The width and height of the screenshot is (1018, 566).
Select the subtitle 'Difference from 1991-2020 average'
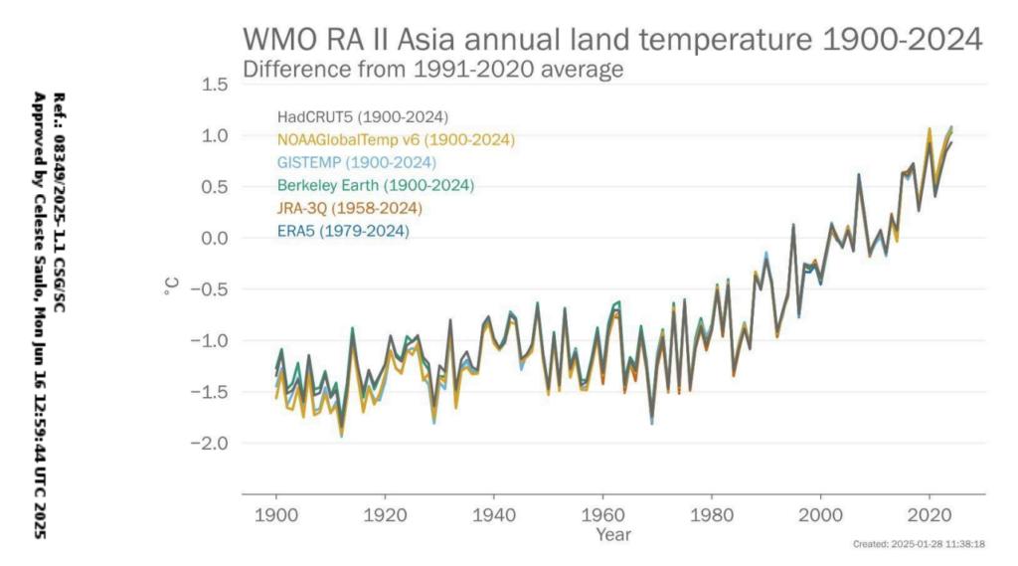click(x=432, y=71)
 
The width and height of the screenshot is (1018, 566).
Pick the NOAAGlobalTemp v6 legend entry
click(x=396, y=140)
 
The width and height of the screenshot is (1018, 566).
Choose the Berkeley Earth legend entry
click(x=376, y=186)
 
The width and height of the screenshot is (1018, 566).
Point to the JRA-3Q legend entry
click(x=350, y=209)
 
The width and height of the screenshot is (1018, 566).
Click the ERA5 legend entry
click(x=343, y=232)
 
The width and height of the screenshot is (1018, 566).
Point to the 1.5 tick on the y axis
click(x=215, y=85)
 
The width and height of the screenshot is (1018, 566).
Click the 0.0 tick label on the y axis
click(x=215, y=239)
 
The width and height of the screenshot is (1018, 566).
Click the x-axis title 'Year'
click(x=613, y=535)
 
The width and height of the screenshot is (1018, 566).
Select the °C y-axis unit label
click(x=171, y=287)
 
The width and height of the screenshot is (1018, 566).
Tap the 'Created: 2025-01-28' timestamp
click(x=919, y=545)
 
